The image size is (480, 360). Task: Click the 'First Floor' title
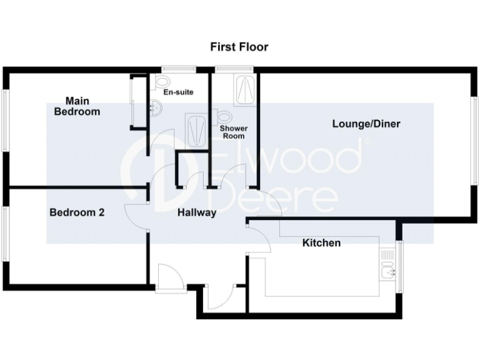239,47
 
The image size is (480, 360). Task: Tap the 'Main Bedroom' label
77,106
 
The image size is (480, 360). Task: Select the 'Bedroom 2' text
77,212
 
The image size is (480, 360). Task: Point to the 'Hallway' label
197,212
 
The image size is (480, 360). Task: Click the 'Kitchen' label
321,242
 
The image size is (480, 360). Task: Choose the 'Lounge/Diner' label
366,124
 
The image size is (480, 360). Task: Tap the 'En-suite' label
178,92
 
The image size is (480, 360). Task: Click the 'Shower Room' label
232,132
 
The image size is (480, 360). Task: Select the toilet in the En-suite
163,81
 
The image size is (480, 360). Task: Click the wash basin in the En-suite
156,110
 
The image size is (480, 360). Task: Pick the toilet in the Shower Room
224,116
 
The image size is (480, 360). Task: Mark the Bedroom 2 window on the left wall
4,234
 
